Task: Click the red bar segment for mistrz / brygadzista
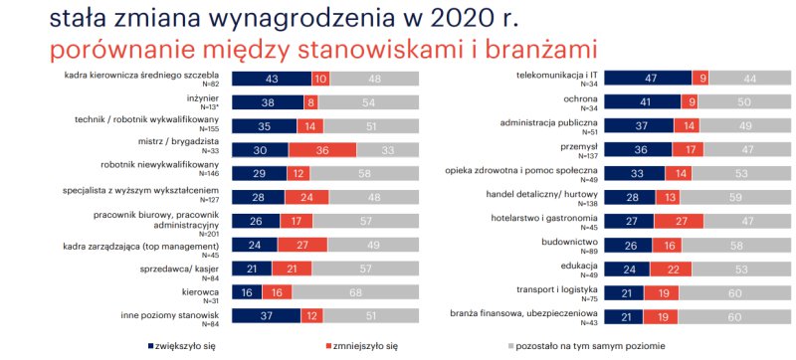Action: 322,149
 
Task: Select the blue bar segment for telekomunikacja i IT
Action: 649,79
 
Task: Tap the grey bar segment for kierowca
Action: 355,292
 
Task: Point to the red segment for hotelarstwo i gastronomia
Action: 679,221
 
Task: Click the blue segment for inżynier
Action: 268,101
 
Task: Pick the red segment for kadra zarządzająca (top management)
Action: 302,245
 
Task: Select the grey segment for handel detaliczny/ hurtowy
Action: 735,197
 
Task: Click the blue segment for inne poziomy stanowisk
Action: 267,316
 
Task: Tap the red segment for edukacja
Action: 670,269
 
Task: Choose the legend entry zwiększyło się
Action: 182,347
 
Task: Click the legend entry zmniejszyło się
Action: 362,347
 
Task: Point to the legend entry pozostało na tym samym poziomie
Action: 587,347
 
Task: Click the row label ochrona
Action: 583,98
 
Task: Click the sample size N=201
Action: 210,234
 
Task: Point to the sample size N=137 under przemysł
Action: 589,155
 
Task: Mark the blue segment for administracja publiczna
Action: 639,125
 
